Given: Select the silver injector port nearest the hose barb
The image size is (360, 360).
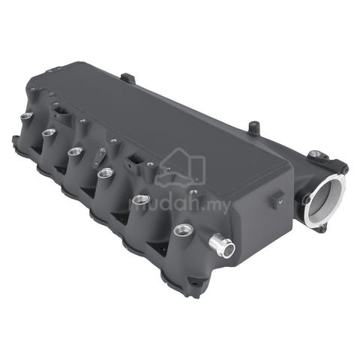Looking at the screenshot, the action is tap(184, 229).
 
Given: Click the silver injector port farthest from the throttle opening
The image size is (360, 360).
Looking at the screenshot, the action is tap(27, 115).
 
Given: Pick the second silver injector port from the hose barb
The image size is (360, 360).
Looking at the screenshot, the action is tap(141, 199).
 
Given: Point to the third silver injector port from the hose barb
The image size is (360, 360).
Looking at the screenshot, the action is tap(106, 172).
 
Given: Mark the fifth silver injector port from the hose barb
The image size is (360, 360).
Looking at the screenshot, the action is tap(49, 132).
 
